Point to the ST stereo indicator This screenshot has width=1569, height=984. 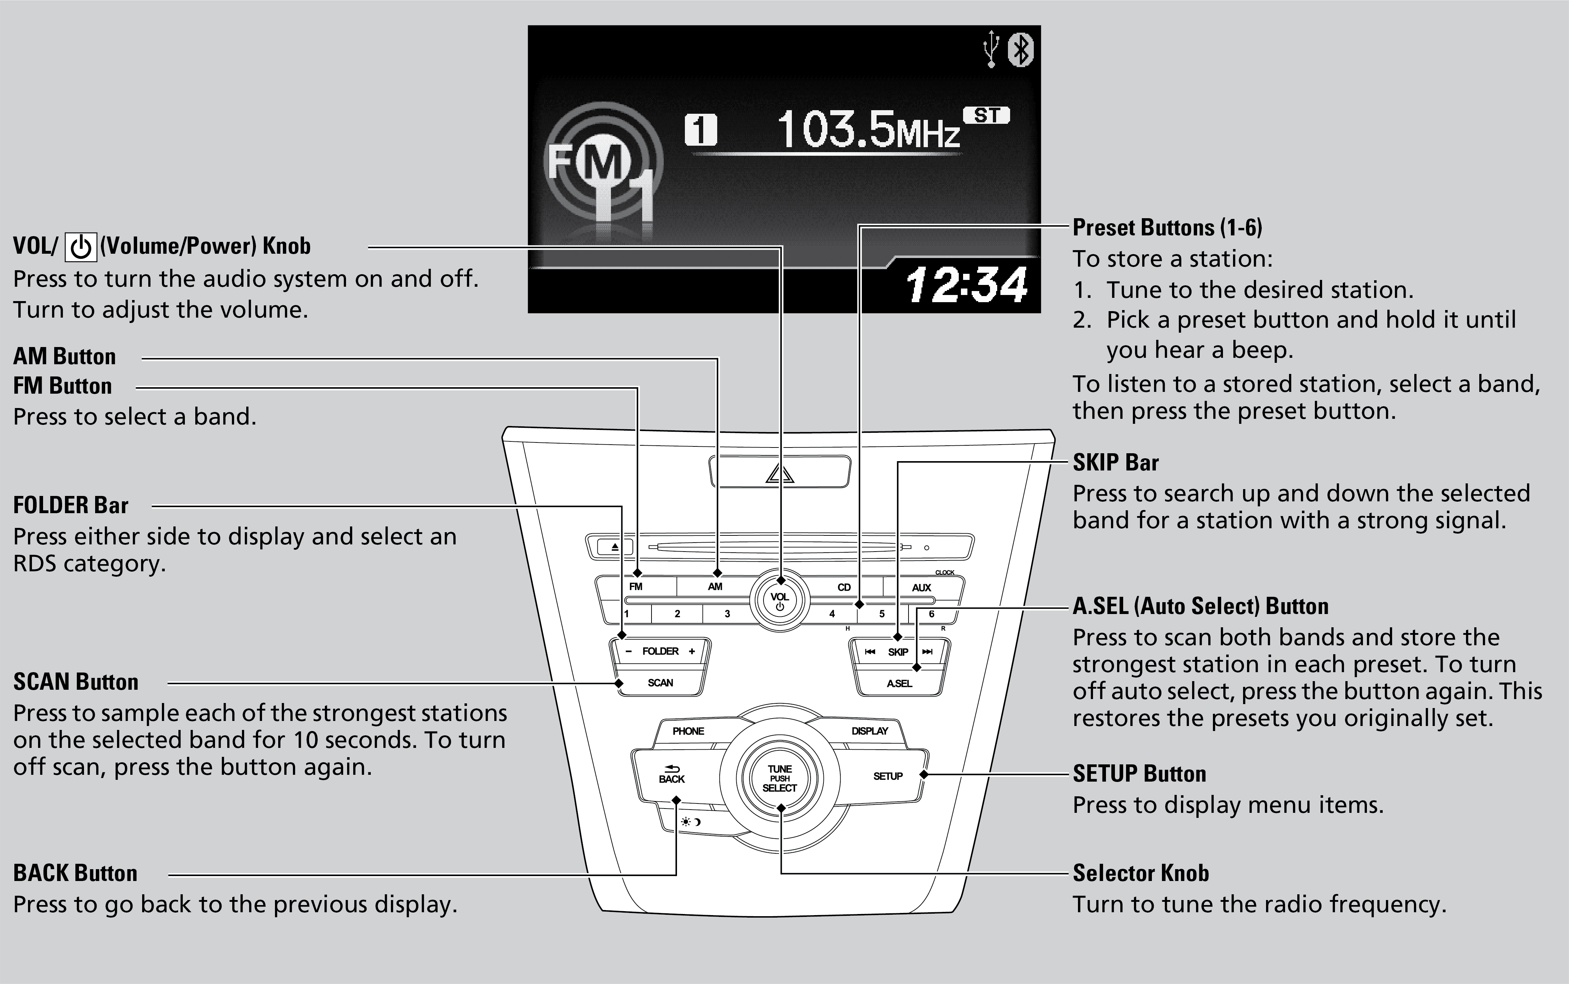pos(987,116)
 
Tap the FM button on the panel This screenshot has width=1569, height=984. pos(636,586)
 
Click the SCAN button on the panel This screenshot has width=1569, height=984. pos(660,683)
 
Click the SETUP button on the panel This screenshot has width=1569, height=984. pos(888,776)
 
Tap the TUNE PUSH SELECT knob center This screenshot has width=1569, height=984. pos(780,778)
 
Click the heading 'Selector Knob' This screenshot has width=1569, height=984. pos(1140,873)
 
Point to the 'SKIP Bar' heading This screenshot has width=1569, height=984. pos(1115,462)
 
